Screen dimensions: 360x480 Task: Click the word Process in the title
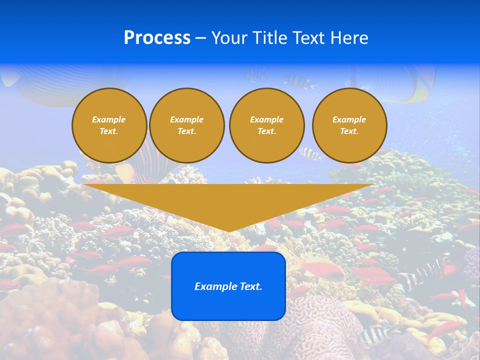[157, 38]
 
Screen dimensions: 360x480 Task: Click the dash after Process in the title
[201, 38]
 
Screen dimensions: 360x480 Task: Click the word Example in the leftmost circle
[108, 119]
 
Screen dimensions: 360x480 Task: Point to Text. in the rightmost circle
[349, 131]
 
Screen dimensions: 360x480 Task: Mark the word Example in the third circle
[266, 119]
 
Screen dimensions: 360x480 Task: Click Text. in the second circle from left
[186, 131]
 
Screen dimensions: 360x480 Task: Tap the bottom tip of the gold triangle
[228, 231]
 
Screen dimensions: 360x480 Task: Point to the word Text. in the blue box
[251, 286]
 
